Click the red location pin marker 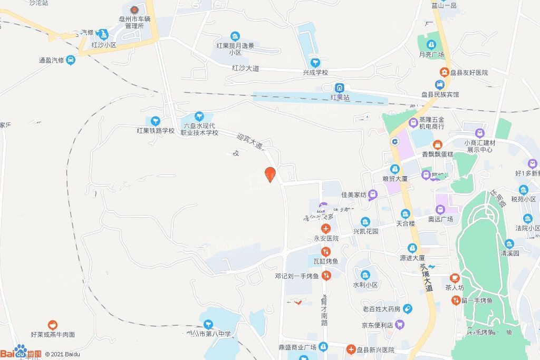270,173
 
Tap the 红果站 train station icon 340,87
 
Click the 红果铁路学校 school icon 156,121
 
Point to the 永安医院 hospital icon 326,229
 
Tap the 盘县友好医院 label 469,72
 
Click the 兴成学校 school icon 315,63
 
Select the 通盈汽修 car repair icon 71,60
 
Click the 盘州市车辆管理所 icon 134,9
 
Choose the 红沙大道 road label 246,68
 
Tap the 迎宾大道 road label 249,141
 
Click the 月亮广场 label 431,54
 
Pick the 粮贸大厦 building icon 395,169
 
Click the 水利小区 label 365,285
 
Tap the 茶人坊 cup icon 455,278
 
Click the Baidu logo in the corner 21,353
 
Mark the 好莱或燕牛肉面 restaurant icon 52,325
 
